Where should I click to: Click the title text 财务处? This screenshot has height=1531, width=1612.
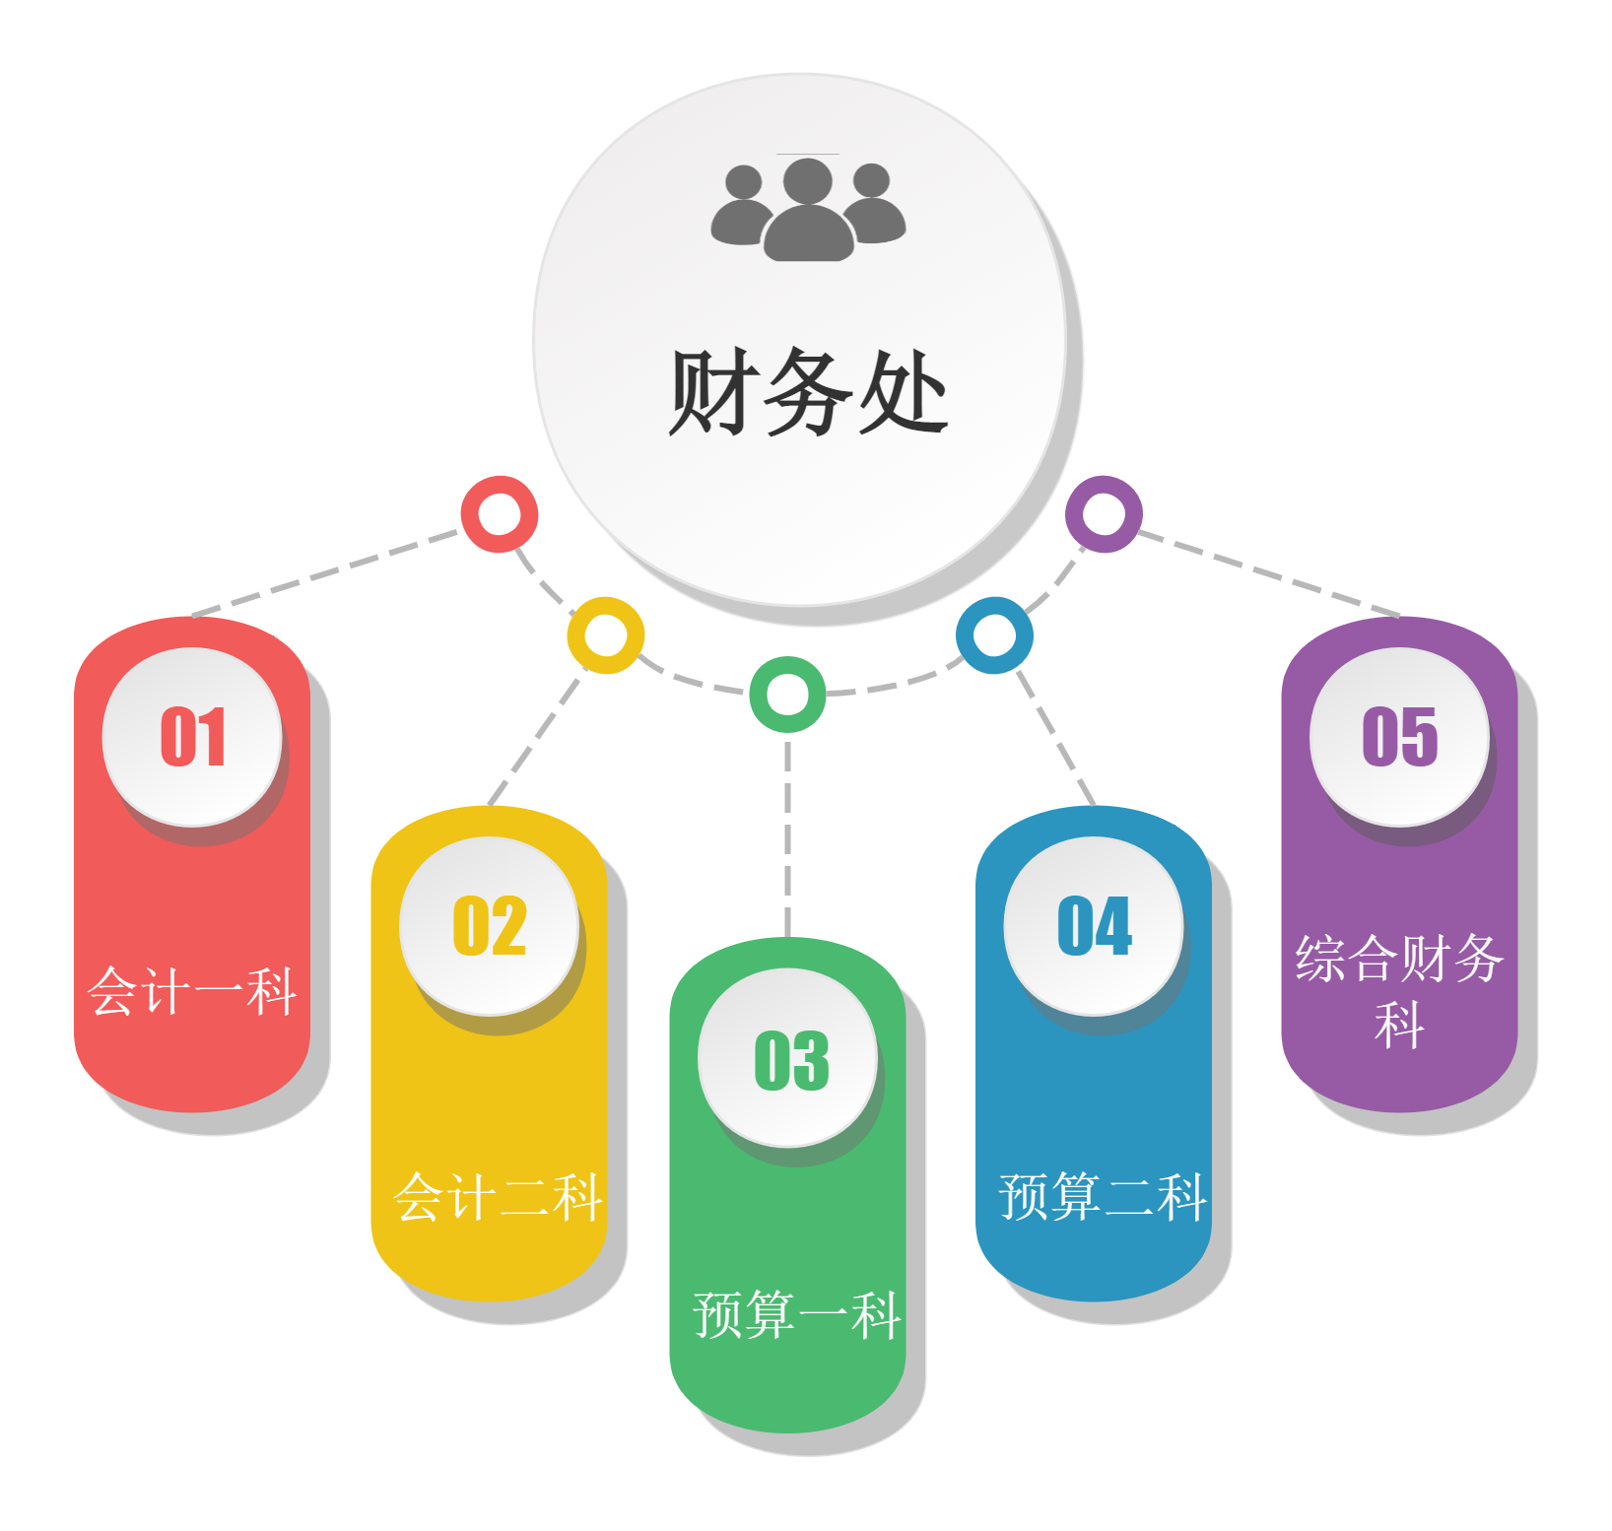coord(808,392)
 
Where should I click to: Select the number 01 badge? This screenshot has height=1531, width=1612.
coord(192,736)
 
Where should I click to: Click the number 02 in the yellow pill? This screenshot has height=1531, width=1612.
coord(490,925)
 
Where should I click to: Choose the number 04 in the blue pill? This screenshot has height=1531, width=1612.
coord(1095,925)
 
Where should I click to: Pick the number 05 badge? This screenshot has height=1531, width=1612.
coord(1399,736)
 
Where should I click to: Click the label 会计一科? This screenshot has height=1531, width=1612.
coord(192,990)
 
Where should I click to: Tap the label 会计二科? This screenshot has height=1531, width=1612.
coord(498,1197)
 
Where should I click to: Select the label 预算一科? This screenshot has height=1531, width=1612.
coord(797,1314)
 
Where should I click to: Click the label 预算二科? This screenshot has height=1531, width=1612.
coord(1103,1197)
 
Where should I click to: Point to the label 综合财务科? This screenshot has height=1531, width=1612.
coord(1399,990)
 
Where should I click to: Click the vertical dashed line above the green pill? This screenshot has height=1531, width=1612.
coord(787,837)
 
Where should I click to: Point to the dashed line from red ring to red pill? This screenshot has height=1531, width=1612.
coord(325,573)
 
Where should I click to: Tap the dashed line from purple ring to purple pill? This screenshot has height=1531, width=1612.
coord(1269,573)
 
